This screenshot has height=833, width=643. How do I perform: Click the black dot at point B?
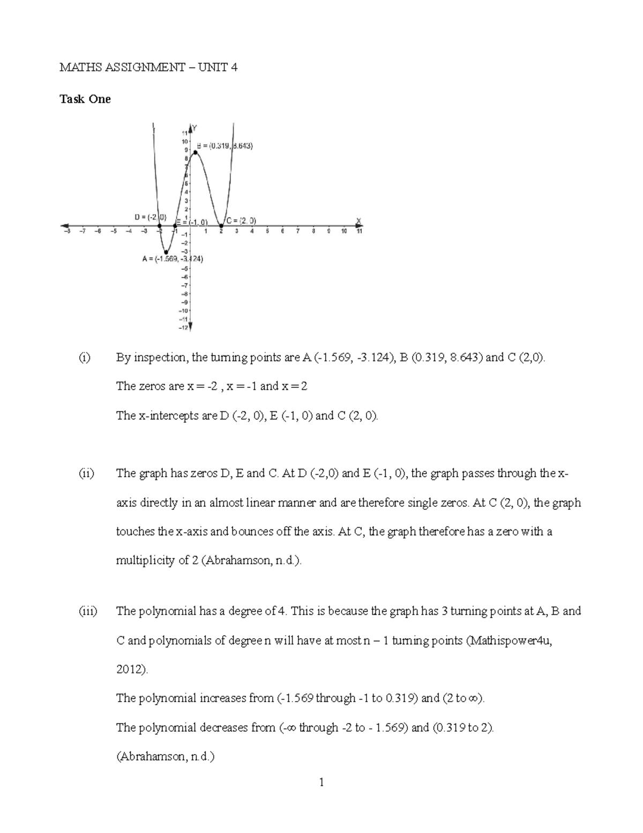tap(196, 152)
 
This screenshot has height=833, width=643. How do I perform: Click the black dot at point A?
tap(167, 252)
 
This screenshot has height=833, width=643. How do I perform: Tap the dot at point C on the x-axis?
tap(221, 225)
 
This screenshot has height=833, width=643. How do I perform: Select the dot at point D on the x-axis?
tap(160, 225)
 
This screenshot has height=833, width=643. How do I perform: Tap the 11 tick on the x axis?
tap(360, 232)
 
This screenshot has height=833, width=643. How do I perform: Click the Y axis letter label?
tap(195, 128)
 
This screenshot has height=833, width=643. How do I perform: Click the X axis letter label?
tap(358, 220)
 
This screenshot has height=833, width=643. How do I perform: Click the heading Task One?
tap(85, 99)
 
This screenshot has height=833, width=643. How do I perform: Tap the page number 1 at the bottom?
tap(322, 783)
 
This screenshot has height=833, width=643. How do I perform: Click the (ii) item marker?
tap(86, 474)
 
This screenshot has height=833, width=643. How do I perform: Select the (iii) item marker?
tap(88, 611)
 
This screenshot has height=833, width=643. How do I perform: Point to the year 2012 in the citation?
tap(129, 669)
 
